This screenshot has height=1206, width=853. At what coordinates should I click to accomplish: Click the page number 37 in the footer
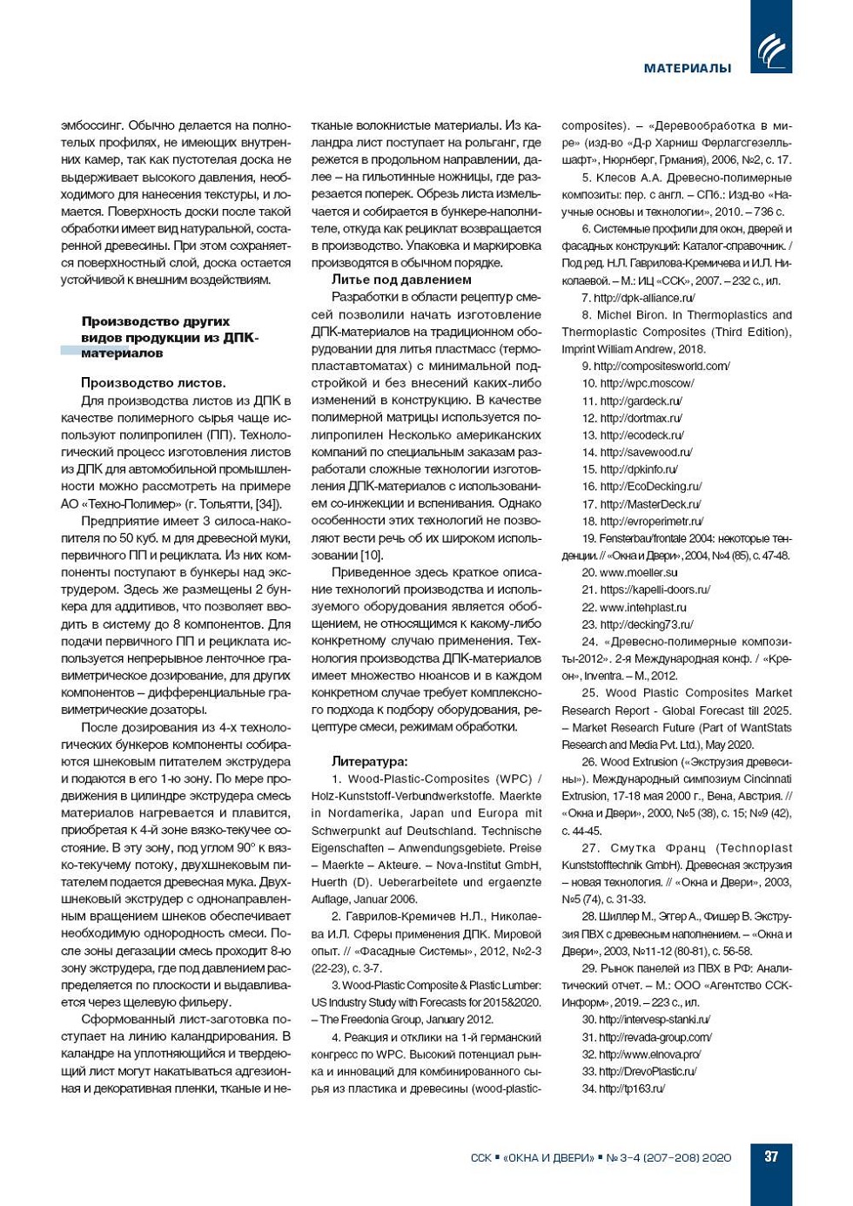(x=771, y=1156)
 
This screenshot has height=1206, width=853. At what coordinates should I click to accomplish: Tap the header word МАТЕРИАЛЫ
(x=688, y=68)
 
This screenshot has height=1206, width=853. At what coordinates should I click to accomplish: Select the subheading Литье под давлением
(x=401, y=280)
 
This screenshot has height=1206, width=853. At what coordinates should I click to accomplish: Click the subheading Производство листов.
(x=153, y=382)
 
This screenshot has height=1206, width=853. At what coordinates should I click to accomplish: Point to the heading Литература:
(x=369, y=761)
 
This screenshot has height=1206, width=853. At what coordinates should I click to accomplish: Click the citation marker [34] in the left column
(x=266, y=504)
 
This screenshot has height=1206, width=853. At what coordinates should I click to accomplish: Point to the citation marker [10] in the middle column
(x=371, y=555)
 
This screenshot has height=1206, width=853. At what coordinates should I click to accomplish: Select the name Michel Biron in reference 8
(x=631, y=315)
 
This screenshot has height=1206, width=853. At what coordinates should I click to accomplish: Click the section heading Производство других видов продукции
(x=170, y=337)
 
